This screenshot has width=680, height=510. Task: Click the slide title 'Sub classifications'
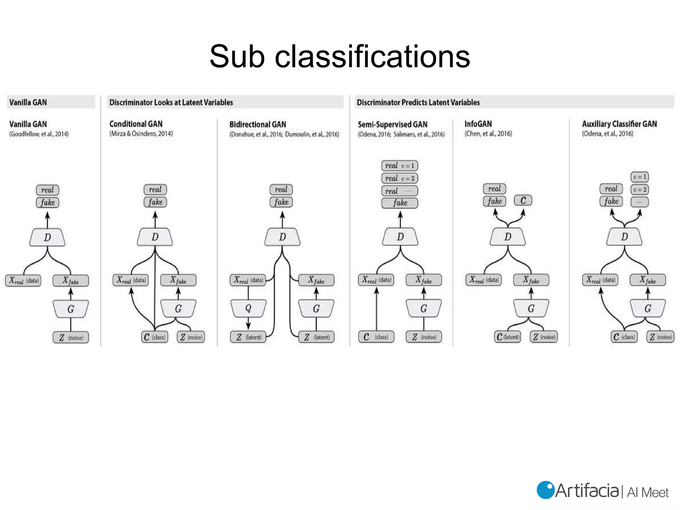340,56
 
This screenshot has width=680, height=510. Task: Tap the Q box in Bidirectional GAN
248,308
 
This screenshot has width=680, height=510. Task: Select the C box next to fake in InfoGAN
523,200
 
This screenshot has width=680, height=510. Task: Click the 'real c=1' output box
399,165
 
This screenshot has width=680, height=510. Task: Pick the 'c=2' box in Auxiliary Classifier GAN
639,189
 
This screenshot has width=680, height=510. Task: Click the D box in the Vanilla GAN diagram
47,237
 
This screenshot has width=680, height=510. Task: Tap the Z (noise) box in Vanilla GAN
71,337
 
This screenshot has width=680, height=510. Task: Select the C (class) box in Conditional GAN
155,337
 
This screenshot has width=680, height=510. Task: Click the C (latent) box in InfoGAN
507,337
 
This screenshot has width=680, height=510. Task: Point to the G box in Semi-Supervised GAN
424,308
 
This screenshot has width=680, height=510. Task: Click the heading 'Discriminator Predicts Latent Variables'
418,102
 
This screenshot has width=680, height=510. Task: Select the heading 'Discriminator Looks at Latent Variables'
171,102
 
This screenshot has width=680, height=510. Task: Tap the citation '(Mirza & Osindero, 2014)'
141,133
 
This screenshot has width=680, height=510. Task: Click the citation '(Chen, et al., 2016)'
488,133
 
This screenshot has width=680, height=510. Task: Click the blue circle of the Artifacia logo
545,490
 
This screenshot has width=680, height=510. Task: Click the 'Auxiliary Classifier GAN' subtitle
619,124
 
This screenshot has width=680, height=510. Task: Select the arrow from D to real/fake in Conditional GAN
155,219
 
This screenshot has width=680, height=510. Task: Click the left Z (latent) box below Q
248,337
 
